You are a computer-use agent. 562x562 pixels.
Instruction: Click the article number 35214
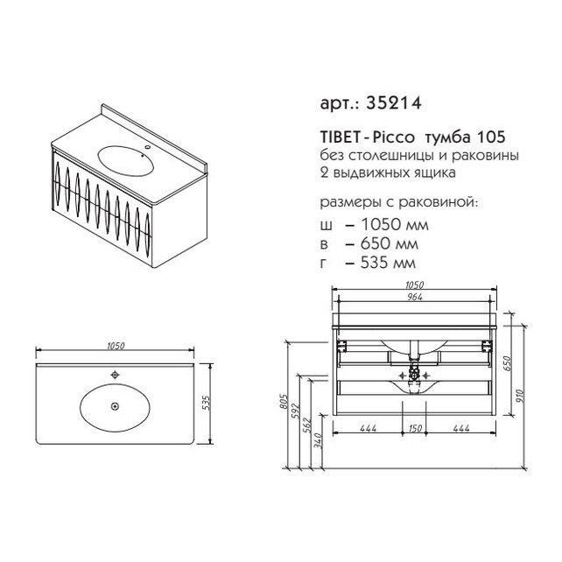pyautogui.click(x=394, y=103)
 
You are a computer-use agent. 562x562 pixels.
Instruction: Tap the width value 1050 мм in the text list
pyautogui.click(x=395, y=225)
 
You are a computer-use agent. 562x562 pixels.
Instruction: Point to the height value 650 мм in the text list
pyautogui.click(x=390, y=243)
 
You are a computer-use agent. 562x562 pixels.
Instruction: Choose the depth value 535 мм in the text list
pyautogui.click(x=388, y=263)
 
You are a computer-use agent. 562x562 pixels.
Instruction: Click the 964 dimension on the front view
pyautogui.click(x=415, y=297)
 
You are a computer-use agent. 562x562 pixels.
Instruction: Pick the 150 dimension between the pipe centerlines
pyautogui.click(x=415, y=428)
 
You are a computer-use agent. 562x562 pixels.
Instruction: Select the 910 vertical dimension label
pyautogui.click(x=521, y=396)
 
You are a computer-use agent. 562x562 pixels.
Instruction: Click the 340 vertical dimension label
pyautogui.click(x=319, y=440)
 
